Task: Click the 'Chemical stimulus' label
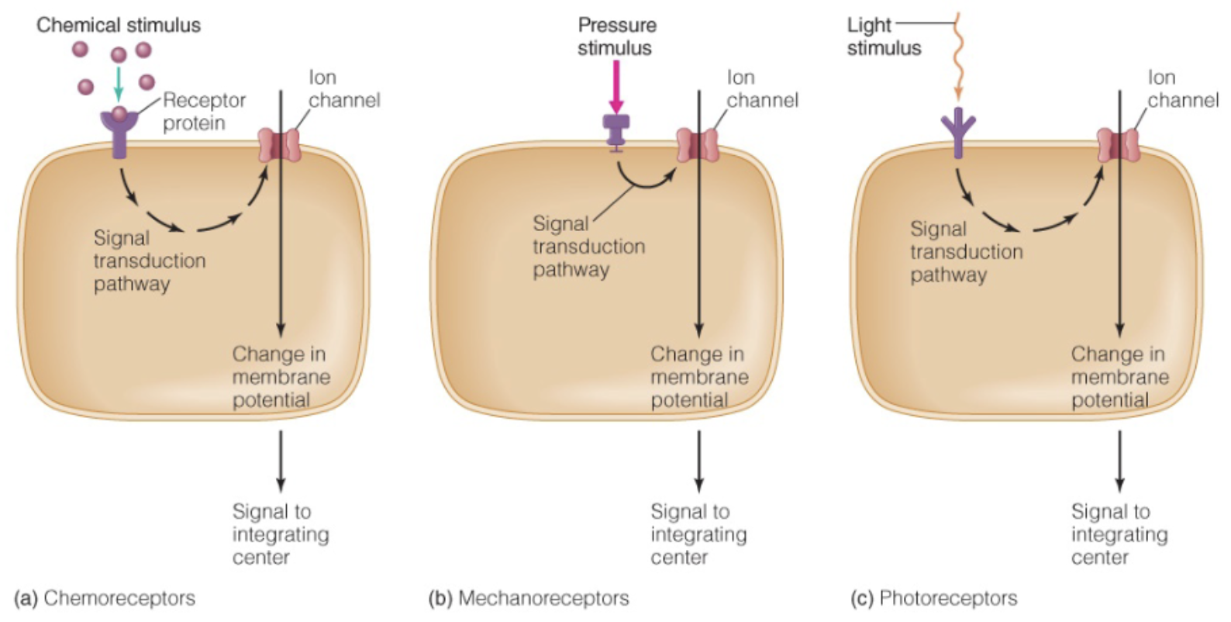(118, 25)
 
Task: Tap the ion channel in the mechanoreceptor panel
(698, 145)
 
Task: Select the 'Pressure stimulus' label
(616, 36)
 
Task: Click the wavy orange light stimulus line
(959, 58)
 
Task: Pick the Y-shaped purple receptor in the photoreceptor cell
(958, 132)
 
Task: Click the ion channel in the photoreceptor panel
(1119, 145)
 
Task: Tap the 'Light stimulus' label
(883, 36)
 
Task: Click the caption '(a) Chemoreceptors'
(105, 598)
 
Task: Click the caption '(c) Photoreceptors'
(933, 598)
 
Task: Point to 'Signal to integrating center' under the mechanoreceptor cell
(698, 534)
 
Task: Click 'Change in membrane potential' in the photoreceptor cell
(1119, 377)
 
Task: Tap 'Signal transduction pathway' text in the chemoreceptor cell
(149, 261)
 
